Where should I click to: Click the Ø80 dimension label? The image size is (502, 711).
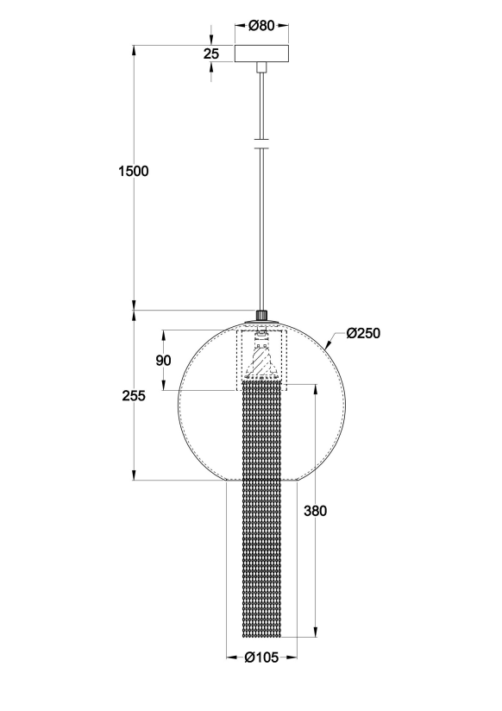click(261, 26)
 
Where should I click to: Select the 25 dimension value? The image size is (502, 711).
click(210, 54)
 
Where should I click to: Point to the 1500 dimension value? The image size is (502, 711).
click(134, 172)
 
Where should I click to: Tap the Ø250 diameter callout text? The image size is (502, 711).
click(363, 333)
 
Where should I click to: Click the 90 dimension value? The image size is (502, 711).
click(163, 361)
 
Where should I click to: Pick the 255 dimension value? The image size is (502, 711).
click(134, 396)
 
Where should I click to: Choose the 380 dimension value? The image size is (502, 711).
click(315, 511)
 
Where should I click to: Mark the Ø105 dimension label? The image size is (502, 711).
click(261, 657)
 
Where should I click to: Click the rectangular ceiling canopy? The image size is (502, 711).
click(261, 53)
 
